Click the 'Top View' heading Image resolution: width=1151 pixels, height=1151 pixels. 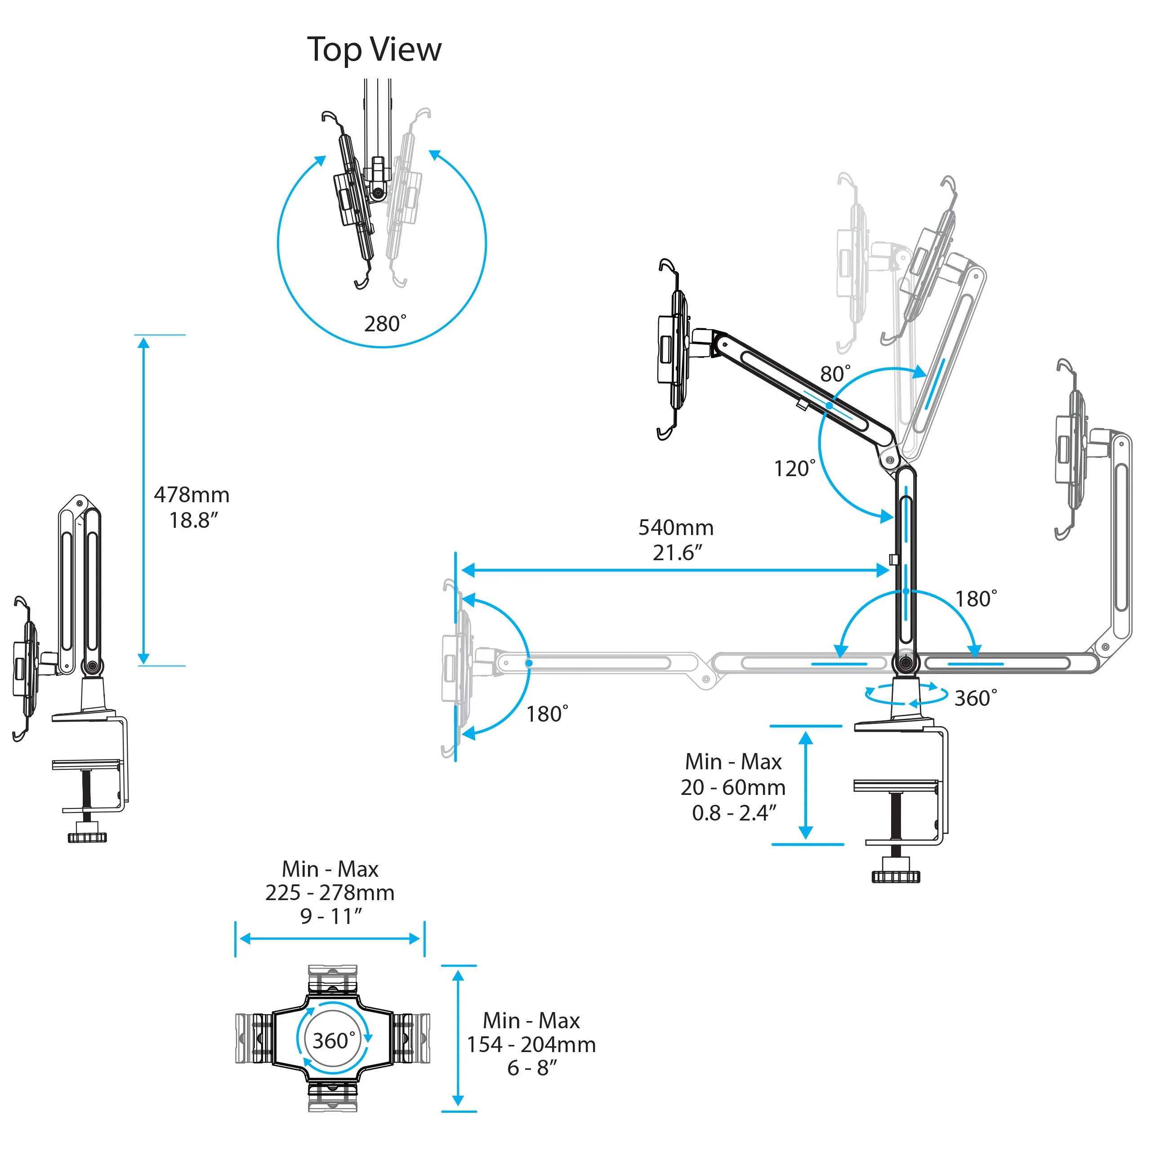pos(374,49)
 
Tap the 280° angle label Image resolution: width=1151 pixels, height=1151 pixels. pos(385,324)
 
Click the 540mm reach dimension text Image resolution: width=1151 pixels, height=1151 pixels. pos(676,527)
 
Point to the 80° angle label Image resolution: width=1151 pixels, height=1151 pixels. pos(834,374)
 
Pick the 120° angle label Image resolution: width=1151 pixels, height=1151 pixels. pos(794,468)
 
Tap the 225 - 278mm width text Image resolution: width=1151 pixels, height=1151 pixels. pos(330,893)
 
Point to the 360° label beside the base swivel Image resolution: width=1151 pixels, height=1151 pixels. pos(975,698)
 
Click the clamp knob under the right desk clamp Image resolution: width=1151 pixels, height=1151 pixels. pos(896,876)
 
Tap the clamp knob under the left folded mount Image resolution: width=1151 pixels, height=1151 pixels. pos(87,836)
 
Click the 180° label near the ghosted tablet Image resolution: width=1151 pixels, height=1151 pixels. pos(547,714)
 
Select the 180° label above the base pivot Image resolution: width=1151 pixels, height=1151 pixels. pos(976,599)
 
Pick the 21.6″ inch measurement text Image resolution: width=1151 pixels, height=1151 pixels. pos(678,553)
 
